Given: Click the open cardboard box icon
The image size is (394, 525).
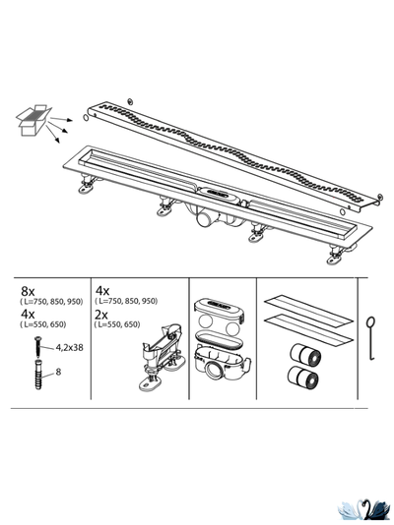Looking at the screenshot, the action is pyautogui.click(x=33, y=120).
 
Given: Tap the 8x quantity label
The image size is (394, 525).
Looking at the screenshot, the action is pyautogui.click(x=28, y=291).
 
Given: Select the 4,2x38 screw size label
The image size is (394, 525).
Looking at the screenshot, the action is pyautogui.click(x=69, y=348).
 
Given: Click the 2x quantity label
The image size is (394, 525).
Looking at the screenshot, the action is pyautogui.click(x=100, y=315).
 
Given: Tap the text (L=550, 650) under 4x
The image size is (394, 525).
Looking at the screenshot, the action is pyautogui.click(x=43, y=324).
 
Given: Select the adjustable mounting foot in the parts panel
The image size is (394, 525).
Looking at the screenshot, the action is pyautogui.click(x=162, y=357).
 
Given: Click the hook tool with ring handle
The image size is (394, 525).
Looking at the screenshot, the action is pyautogui.click(x=371, y=338).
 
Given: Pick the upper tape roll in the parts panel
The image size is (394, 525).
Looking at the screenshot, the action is pyautogui.click(x=304, y=355).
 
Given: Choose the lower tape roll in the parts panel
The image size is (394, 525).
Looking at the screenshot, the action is pyautogui.click(x=303, y=378).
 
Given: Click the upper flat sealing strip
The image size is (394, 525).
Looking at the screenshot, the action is pyautogui.click(x=308, y=309).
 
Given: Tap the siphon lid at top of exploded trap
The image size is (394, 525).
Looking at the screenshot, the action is pyautogui.click(x=219, y=308).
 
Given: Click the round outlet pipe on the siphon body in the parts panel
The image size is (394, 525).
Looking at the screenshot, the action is pyautogui.click(x=214, y=371).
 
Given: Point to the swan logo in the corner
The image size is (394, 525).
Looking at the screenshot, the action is pyautogui.click(x=363, y=511).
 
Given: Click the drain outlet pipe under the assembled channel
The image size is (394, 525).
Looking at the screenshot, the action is pyautogui.click(x=205, y=219).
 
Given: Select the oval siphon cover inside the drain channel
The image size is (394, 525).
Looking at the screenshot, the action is pyautogui.click(x=217, y=194).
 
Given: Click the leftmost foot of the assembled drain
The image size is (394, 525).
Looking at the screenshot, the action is pyautogui.click(x=88, y=186).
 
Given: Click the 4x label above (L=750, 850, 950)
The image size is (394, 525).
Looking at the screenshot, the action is pyautogui.click(x=102, y=291).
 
